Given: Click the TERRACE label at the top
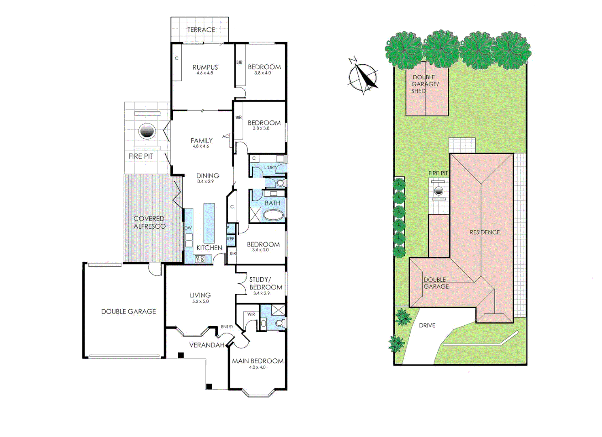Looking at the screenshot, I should [201, 30].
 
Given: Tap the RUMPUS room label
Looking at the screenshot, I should [205, 67].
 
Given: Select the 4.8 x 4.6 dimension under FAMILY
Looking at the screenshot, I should [201, 146].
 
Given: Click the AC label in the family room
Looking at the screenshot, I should [225, 136].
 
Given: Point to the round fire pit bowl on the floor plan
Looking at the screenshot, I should [147, 131].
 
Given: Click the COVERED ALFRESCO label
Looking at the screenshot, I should [149, 222].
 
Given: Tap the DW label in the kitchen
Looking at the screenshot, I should [188, 228].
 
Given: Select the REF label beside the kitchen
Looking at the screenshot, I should [230, 239].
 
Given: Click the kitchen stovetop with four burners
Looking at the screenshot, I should [200, 259].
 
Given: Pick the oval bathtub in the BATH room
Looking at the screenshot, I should [274, 215].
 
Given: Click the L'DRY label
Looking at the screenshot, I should [270, 168].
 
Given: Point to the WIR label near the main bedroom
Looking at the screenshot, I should [251, 314].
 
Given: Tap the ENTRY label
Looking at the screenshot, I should [227, 327].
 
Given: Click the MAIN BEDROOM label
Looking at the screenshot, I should [257, 361].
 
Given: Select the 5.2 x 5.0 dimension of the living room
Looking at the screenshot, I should [200, 301].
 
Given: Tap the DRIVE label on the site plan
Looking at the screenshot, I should [427, 325].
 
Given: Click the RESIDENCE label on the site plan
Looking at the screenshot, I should [485, 232].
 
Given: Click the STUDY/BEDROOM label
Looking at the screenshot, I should [266, 283].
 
